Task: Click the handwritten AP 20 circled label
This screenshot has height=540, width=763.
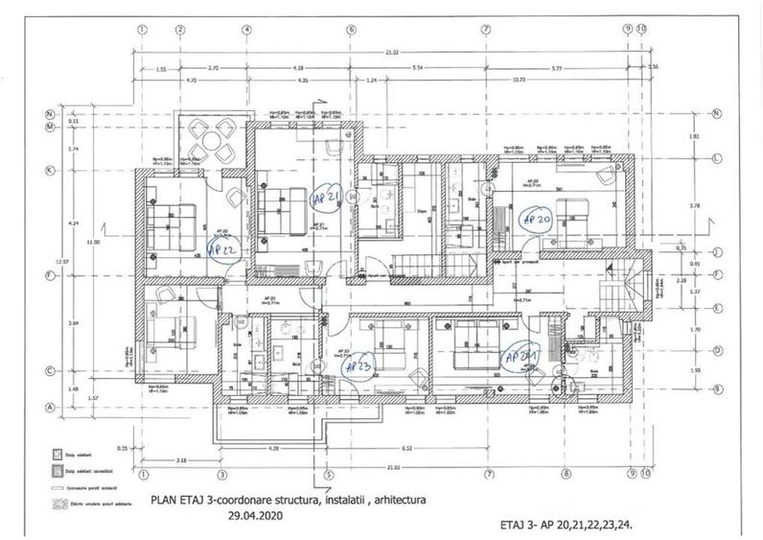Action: pyautogui.click(x=535, y=219)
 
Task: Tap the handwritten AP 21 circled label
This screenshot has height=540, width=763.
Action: pyautogui.click(x=326, y=199)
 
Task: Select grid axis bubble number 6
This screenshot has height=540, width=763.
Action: pyautogui.click(x=352, y=29)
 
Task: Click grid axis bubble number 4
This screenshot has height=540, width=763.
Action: pyautogui.click(x=246, y=29)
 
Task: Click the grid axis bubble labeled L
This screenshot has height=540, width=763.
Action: pyautogui.click(x=717, y=158)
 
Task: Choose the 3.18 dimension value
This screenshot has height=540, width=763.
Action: pyautogui.click(x=181, y=461)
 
